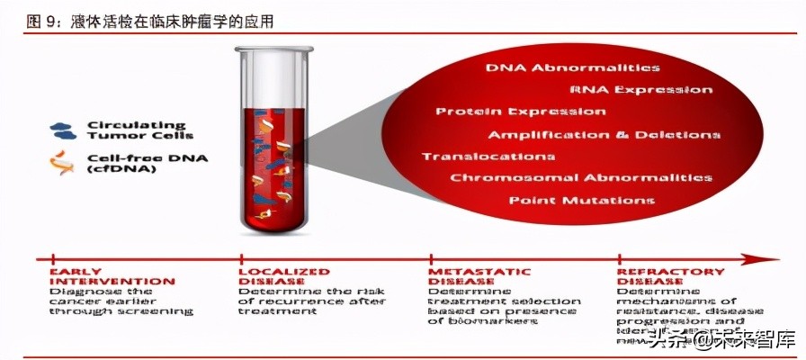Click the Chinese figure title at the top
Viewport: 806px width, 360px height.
point(149,21)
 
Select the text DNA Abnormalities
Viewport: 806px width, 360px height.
point(572,67)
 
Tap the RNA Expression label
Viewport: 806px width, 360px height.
point(640,90)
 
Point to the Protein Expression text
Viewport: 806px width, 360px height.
point(520,112)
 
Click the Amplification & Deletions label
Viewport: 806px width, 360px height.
point(604,134)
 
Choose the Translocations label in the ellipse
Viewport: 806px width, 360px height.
point(477,156)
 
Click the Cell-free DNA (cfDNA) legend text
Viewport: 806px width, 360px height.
point(135,163)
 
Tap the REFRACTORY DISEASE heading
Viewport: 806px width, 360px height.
point(670,276)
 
